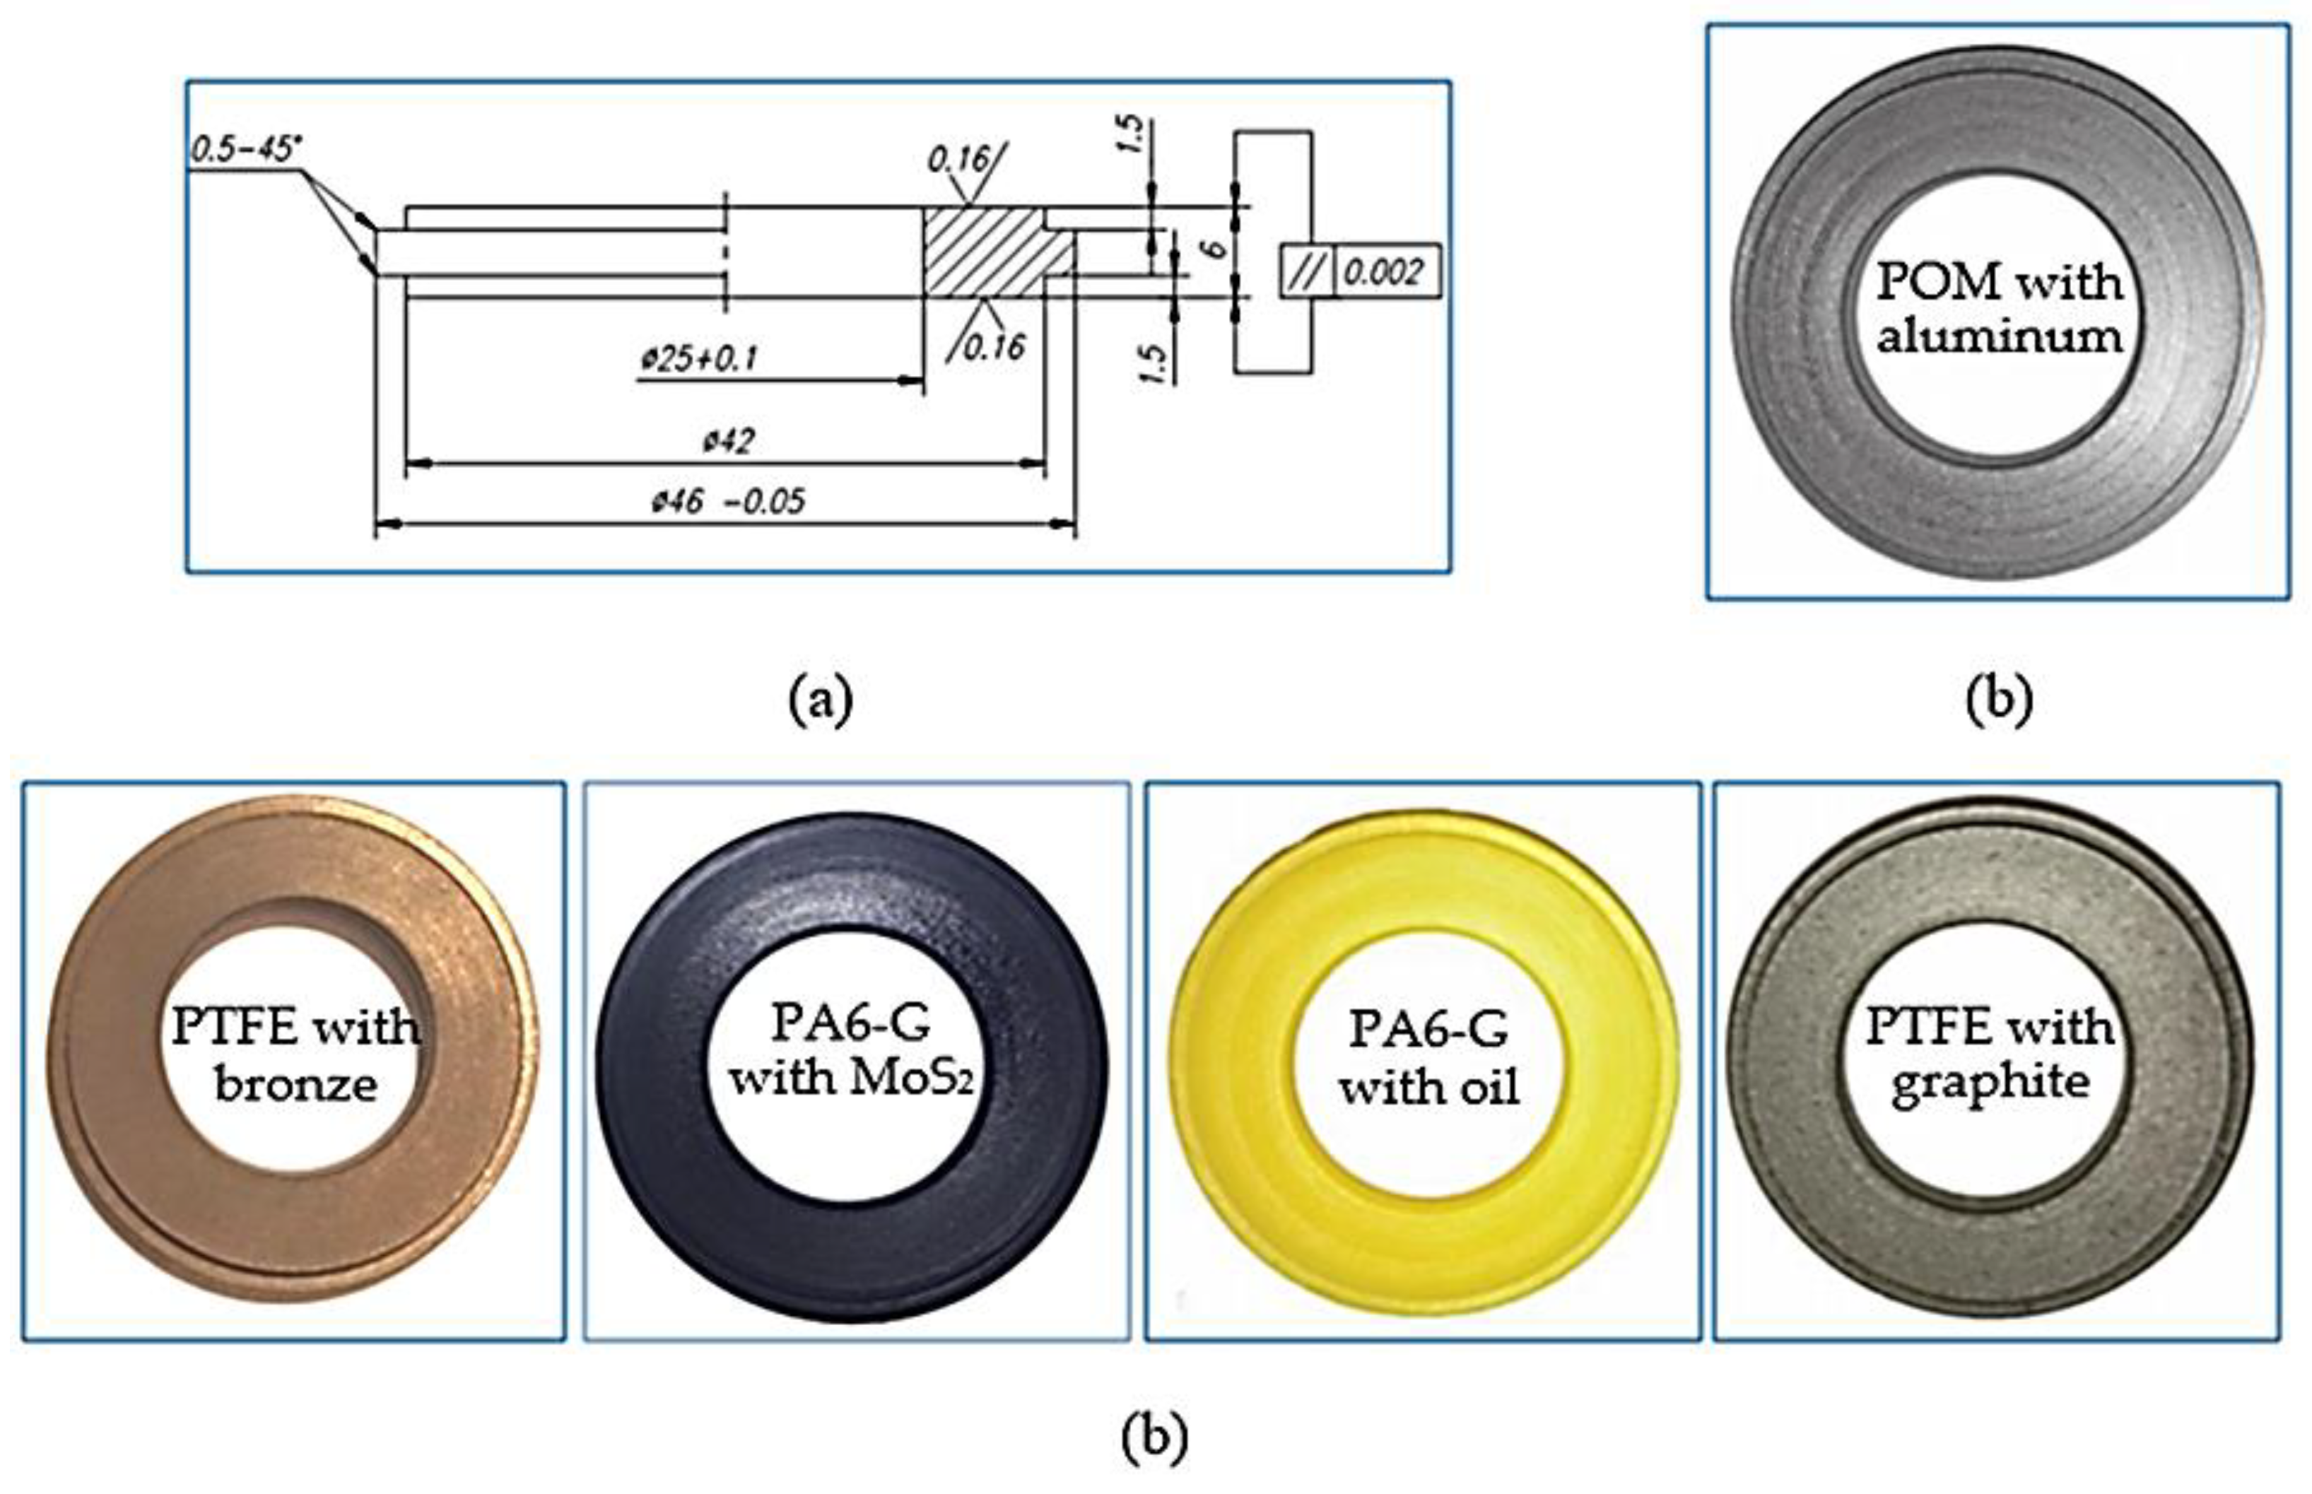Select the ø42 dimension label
click(729, 442)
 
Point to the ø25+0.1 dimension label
click(698, 359)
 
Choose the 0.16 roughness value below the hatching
click(994, 347)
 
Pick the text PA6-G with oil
click(1428, 1057)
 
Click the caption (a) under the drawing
click(821, 700)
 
